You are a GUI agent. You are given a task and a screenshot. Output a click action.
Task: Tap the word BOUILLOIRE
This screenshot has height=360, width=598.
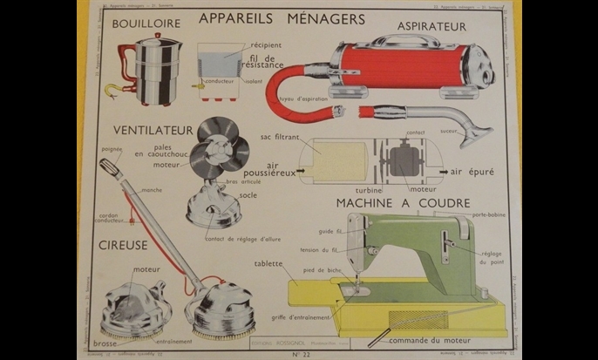(x=146, y=23)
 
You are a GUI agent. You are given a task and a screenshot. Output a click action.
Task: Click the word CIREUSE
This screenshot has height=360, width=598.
(x=123, y=246)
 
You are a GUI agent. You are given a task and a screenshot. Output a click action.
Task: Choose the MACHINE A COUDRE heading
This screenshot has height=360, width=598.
(x=404, y=203)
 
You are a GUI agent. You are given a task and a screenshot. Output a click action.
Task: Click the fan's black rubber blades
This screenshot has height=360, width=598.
(x=218, y=146)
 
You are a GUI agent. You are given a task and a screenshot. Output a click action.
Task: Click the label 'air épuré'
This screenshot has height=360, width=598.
(x=472, y=173)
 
